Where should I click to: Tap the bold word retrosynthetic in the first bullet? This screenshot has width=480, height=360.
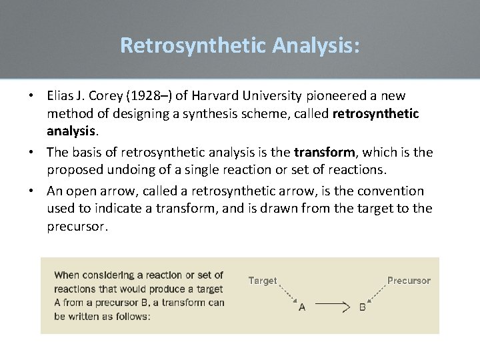coord(375,113)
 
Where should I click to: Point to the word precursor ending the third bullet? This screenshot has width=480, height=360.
coord(77,226)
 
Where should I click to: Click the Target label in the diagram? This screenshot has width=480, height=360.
coord(263,281)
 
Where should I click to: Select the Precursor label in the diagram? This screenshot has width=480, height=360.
coord(409,281)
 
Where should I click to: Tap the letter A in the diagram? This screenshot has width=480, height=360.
coord(302,307)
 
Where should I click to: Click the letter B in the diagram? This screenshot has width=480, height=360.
coord(363,307)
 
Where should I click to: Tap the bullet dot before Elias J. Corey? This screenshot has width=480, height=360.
coord(31,96)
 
